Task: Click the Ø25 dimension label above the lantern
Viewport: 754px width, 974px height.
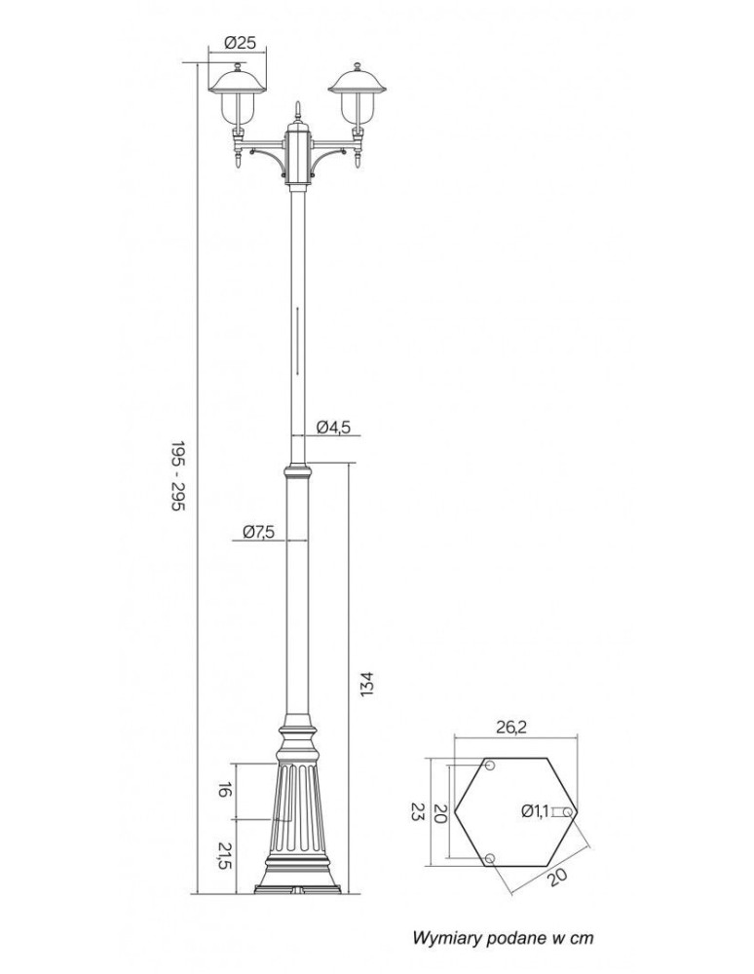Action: tap(239, 43)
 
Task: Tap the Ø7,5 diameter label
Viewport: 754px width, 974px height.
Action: tap(258, 531)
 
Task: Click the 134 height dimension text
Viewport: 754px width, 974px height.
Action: tap(366, 682)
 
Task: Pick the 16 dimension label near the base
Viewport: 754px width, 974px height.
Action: tap(223, 790)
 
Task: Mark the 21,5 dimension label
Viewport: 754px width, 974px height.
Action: tap(223, 856)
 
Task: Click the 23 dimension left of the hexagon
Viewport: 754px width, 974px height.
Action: tap(417, 810)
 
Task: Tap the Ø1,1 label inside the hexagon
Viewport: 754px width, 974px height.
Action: tap(535, 809)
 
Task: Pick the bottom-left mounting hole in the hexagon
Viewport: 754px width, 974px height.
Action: tap(489, 857)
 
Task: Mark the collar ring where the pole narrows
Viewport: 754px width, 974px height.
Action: tap(298, 471)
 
